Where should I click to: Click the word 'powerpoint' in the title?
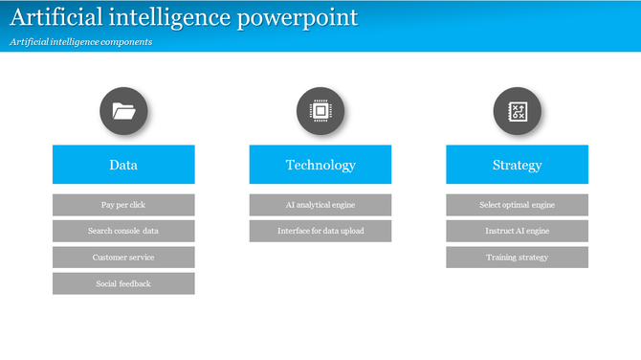point(298,17)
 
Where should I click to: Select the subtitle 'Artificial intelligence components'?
point(81,42)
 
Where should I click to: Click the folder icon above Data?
point(123,111)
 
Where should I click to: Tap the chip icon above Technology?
point(320,111)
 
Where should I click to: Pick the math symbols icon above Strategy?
point(517,111)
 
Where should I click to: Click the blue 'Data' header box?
point(123,165)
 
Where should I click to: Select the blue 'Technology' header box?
point(320,165)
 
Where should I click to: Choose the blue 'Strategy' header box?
point(517,165)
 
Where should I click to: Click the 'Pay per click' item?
point(123,205)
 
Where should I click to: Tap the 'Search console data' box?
point(123,231)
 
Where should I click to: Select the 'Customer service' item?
point(123,258)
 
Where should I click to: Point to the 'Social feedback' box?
point(123,283)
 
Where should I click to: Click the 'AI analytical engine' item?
point(320,205)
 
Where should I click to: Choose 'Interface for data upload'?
point(320,231)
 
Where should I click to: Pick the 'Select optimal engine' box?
point(517,205)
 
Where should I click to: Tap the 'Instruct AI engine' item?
point(517,231)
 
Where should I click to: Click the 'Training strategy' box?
point(517,258)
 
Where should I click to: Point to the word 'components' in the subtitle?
point(127,42)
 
